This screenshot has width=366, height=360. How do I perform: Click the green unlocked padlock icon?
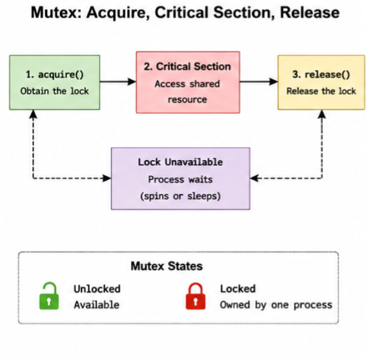[x=49, y=296]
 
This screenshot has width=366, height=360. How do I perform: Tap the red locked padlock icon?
[x=196, y=296]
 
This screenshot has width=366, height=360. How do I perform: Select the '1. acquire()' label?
[x=55, y=75]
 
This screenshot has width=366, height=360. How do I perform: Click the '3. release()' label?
[x=321, y=75]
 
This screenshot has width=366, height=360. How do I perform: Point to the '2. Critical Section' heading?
[x=187, y=66]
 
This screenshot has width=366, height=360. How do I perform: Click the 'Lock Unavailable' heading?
[x=181, y=162]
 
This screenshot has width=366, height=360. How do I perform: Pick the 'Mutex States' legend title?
[x=167, y=266]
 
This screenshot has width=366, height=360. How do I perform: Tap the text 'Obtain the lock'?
[x=55, y=91]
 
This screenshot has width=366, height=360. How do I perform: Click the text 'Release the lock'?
[x=321, y=91]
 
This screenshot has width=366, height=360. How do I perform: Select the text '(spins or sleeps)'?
[x=181, y=196]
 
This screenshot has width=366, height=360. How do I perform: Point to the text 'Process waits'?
[x=181, y=179]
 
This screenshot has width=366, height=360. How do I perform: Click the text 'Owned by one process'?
[x=276, y=305]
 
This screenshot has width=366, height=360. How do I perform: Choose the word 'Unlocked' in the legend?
[x=97, y=289]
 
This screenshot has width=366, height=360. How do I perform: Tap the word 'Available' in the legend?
[x=97, y=305]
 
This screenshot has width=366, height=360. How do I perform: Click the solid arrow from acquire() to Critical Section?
[x=118, y=82]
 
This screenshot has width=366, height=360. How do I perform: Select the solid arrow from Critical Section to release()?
[x=259, y=82]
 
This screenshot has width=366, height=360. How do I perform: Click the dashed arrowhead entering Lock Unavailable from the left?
[x=107, y=178]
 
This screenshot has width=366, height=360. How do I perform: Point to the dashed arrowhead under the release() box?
[x=322, y=114]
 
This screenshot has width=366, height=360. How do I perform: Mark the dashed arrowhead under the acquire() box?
[x=33, y=114]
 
